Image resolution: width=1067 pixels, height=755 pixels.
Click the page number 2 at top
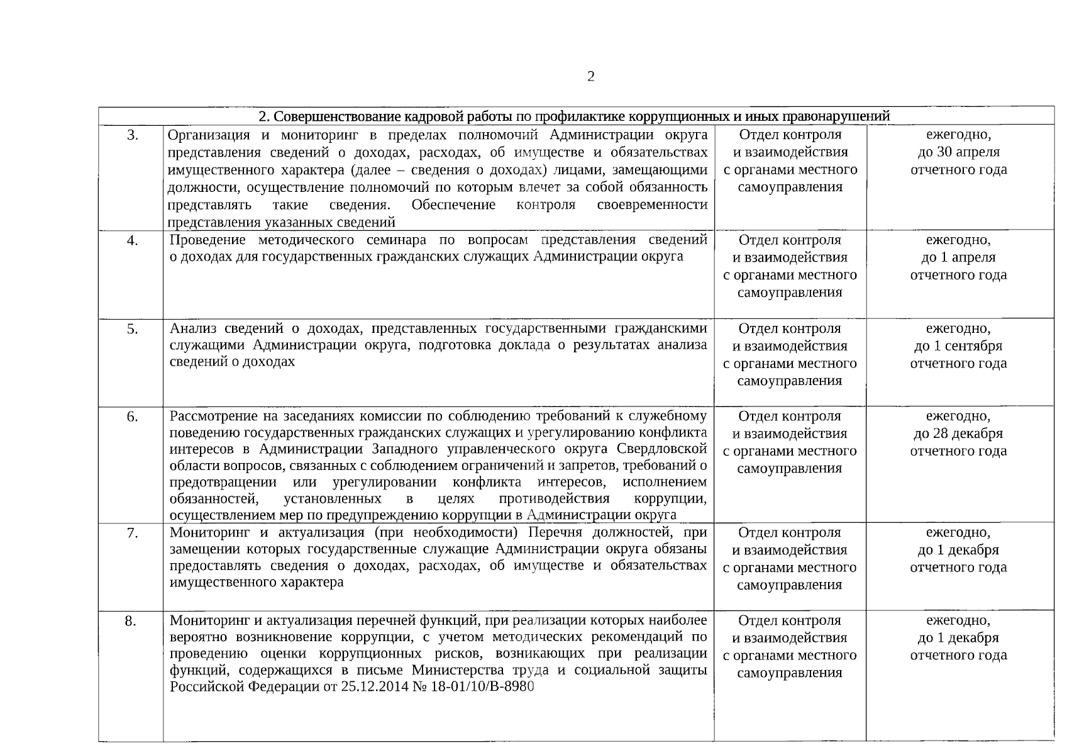click(590, 77)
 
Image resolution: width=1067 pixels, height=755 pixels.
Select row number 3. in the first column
click(133, 135)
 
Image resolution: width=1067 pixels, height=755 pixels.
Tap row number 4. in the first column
click(133, 240)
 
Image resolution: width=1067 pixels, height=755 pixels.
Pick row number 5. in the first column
click(133, 329)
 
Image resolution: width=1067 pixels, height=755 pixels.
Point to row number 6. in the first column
click(133, 417)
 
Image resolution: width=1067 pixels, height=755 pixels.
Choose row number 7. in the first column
click(133, 533)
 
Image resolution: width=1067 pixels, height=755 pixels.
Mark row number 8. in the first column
click(130, 622)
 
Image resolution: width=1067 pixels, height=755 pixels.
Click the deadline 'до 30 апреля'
click(958, 152)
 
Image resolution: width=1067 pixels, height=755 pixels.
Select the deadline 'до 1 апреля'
click(958, 257)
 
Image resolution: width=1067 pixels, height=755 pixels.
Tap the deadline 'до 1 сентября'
click(958, 346)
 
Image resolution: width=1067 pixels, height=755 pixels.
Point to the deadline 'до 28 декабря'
click(958, 433)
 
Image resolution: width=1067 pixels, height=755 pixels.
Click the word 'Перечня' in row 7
click(553, 532)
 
